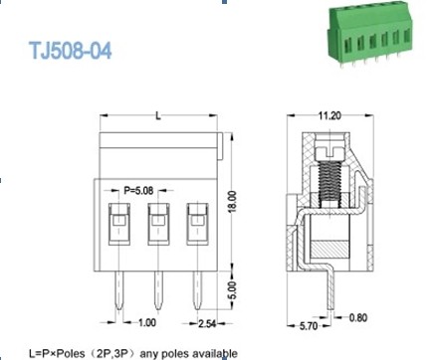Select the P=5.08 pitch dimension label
coord(145,189)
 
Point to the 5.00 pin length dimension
coord(234,290)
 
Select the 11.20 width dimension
coord(327,117)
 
